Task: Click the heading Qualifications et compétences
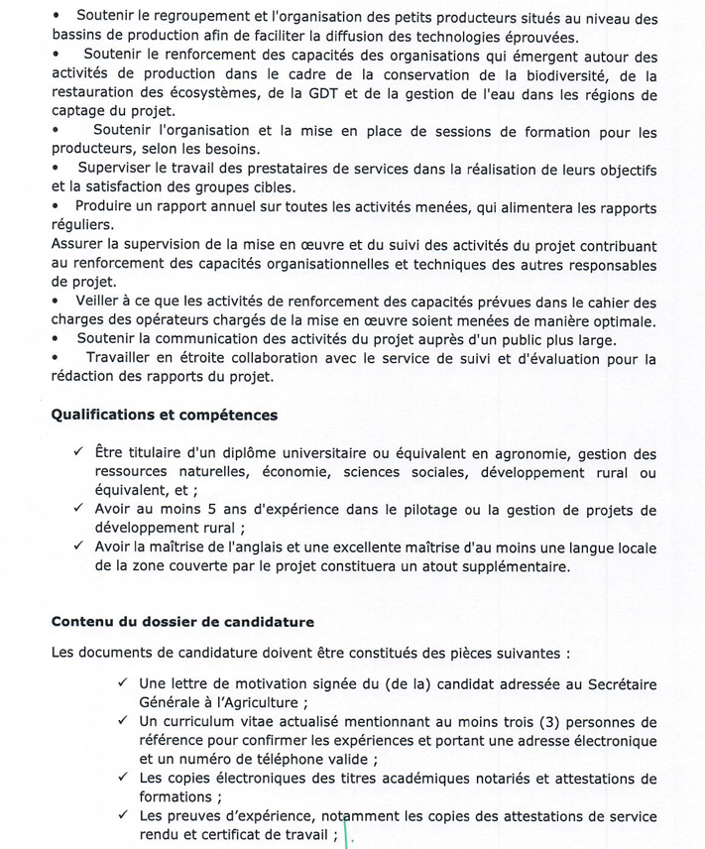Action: click(165, 416)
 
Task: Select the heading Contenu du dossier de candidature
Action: click(182, 622)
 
